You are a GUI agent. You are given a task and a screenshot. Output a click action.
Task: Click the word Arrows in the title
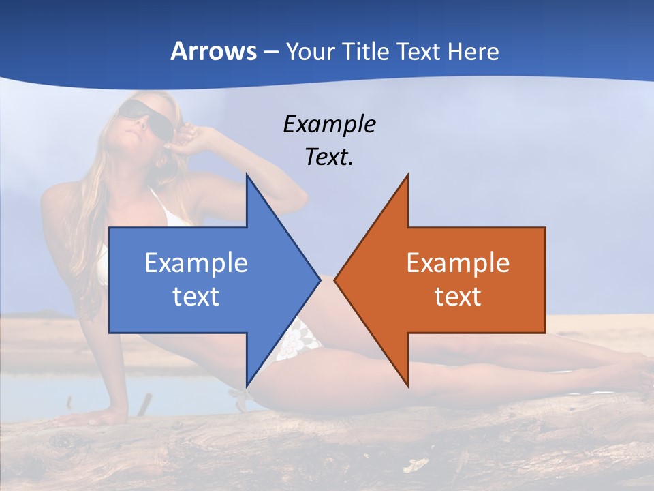tap(213, 51)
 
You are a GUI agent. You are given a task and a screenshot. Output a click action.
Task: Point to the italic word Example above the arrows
tap(329, 125)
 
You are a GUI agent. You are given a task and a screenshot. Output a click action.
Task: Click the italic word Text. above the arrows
tap(329, 157)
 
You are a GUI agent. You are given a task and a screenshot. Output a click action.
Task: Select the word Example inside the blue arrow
tap(196, 263)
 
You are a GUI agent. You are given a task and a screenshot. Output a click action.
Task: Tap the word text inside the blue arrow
tap(196, 296)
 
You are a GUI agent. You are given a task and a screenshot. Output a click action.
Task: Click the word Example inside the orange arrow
tap(458, 263)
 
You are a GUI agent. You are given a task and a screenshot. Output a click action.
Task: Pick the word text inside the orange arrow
tap(458, 296)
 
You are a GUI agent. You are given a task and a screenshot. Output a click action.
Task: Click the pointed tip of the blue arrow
tap(320, 279)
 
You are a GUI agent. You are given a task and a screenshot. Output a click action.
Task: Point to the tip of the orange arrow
tap(334, 279)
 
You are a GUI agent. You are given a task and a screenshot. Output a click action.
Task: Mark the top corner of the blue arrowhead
tap(247, 174)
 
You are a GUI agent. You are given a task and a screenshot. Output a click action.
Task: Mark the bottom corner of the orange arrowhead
tap(408, 387)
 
